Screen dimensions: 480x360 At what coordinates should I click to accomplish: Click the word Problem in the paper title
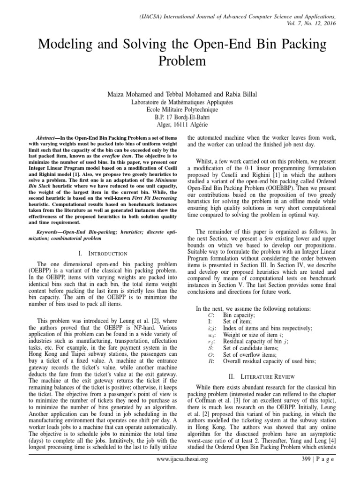(180, 61)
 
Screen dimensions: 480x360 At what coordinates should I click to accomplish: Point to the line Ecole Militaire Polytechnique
(180, 109)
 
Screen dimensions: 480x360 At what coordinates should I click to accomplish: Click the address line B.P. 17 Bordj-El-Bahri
(180, 117)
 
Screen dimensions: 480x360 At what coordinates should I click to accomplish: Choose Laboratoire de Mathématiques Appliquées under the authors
(180, 102)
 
